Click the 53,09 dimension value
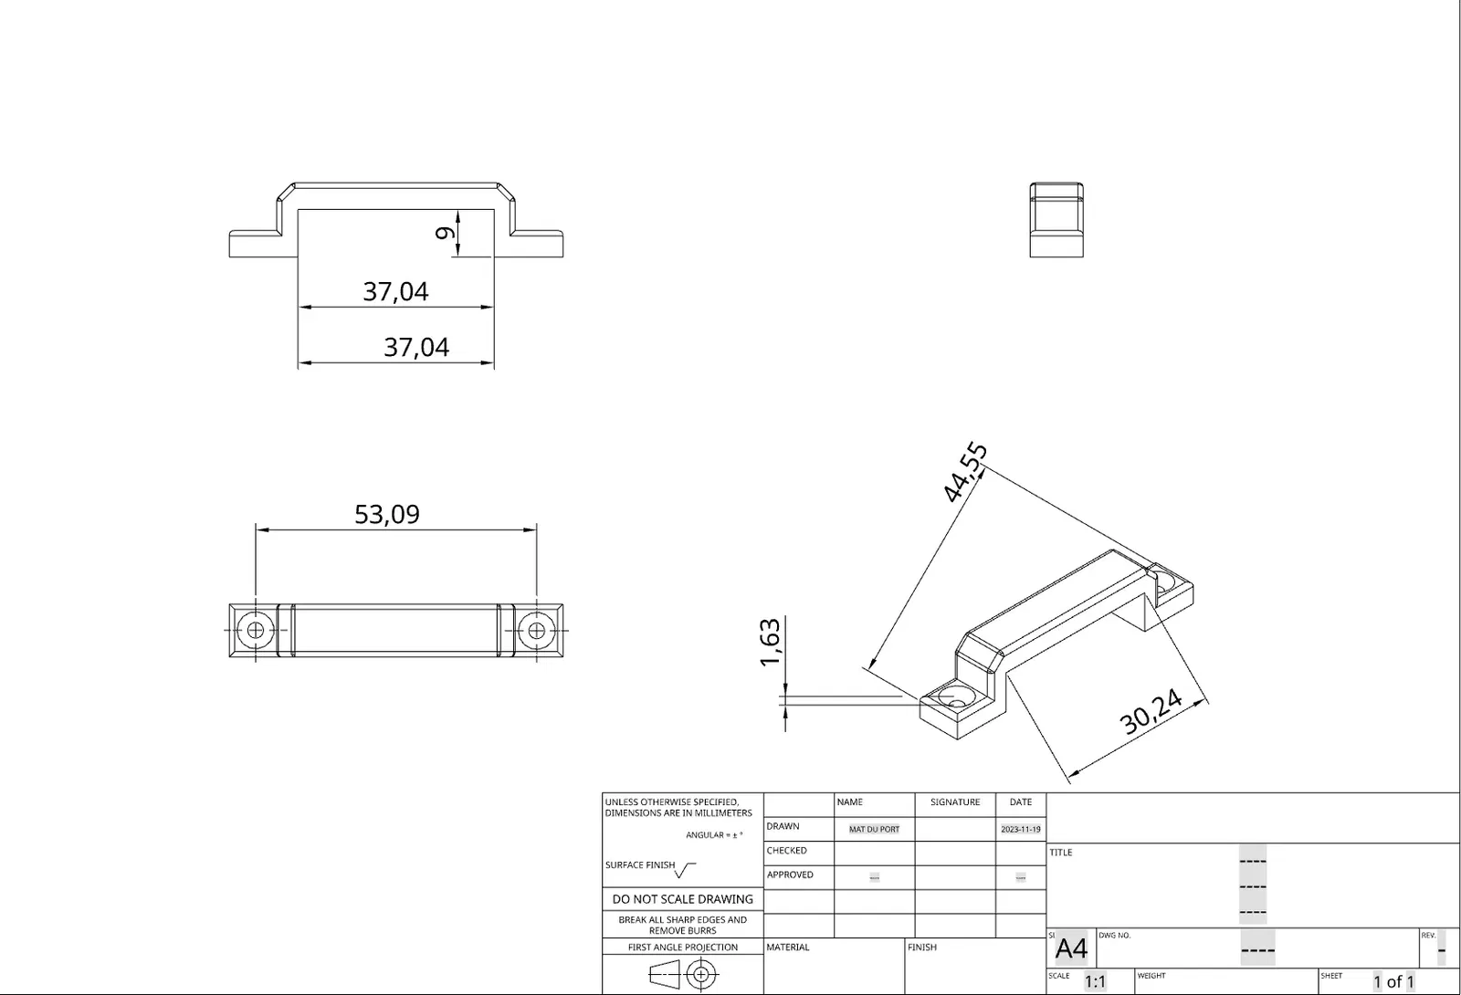[x=387, y=514]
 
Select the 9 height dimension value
[x=445, y=233]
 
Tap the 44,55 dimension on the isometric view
[x=966, y=472]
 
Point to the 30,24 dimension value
[x=1151, y=711]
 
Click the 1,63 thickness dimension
[x=771, y=643]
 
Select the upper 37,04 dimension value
[x=395, y=291]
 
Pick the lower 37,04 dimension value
[x=416, y=348]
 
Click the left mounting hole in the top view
[x=256, y=631]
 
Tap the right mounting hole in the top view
[x=537, y=631]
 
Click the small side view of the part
[x=1056, y=220]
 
